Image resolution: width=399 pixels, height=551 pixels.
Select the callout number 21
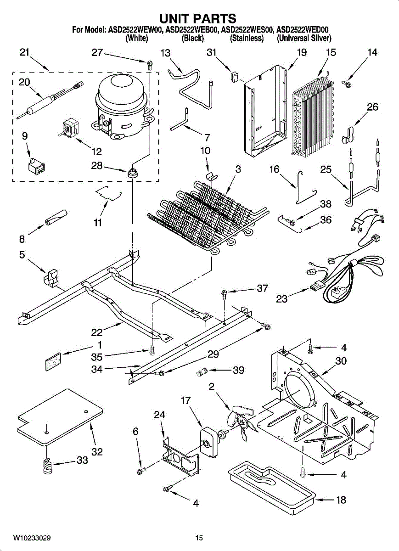point(25,52)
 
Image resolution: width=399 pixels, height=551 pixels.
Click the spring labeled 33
point(48,467)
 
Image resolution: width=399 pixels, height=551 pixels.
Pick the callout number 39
point(238,370)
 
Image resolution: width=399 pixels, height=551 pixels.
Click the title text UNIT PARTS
point(198,18)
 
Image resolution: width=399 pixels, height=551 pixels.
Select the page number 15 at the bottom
point(199,538)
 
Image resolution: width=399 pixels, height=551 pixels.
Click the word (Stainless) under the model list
point(247,39)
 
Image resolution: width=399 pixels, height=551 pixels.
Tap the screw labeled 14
point(347,83)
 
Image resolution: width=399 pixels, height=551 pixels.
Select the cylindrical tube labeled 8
point(56,216)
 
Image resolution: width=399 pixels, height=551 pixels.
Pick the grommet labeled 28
point(132,173)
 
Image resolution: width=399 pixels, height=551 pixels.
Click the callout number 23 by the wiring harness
point(282,299)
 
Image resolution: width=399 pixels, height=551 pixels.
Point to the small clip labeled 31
point(234,74)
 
